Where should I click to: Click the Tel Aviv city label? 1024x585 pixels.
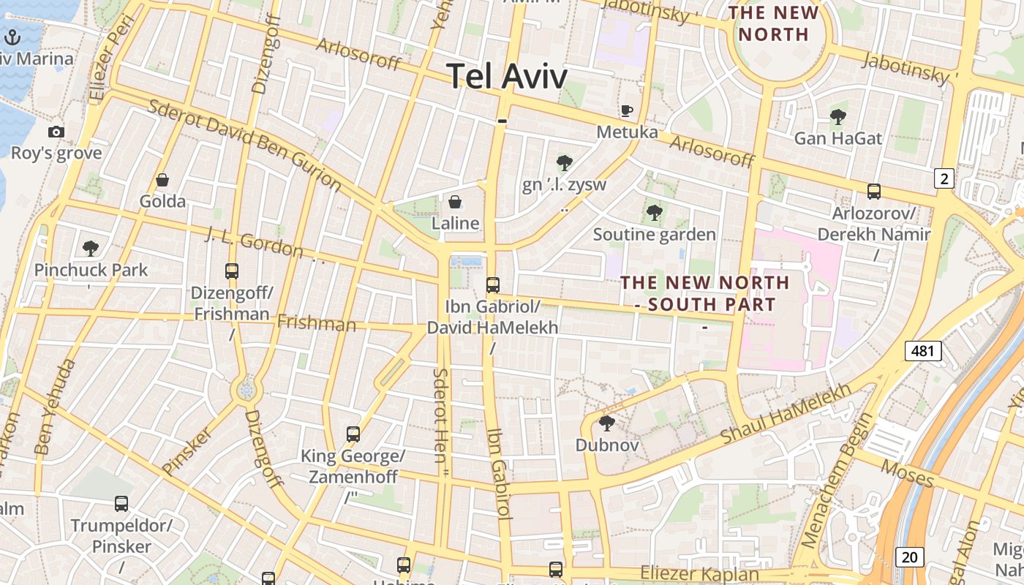click(506, 76)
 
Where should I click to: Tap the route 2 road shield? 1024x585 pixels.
click(944, 178)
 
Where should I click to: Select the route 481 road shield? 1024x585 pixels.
click(922, 351)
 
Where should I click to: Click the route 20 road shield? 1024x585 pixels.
click(909, 557)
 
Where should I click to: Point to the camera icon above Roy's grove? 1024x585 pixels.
click(56, 132)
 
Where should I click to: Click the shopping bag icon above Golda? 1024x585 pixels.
click(162, 180)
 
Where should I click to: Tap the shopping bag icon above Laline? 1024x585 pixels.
click(455, 201)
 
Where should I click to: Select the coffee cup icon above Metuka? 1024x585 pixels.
click(627, 110)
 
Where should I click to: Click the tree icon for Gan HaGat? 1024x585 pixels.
click(838, 116)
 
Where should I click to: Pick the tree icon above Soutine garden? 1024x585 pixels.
click(655, 213)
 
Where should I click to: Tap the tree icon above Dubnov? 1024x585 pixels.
click(606, 423)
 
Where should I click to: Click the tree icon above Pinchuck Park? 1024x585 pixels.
click(91, 248)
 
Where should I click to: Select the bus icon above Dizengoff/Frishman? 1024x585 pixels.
click(232, 271)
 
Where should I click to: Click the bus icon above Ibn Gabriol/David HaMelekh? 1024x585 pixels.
click(493, 284)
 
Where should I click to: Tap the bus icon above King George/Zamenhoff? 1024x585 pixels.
click(353, 434)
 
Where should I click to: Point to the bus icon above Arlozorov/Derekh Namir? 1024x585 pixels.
click(873, 192)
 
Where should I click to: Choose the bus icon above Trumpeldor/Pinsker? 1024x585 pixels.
click(121, 503)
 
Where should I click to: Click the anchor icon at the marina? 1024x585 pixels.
click(12, 37)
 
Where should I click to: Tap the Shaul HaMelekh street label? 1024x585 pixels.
click(786, 412)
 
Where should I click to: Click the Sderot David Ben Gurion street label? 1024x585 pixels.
click(245, 143)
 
